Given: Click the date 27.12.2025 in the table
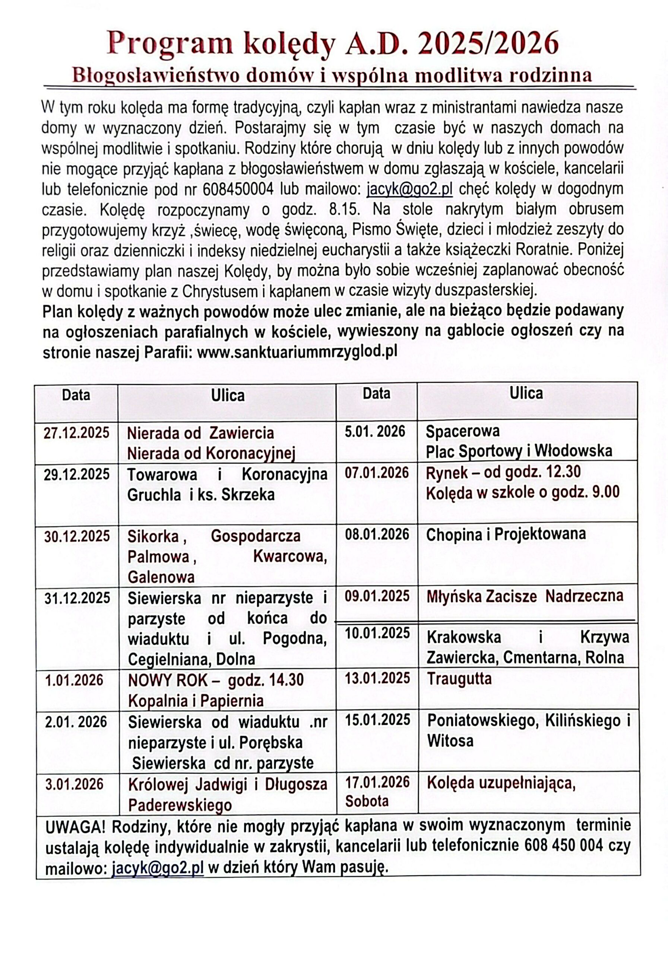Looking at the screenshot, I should [76, 433].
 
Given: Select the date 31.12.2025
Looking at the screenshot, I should [77, 598].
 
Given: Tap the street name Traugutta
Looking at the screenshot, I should [459, 679].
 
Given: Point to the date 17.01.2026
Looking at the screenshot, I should [377, 782].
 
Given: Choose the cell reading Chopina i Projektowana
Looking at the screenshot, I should [506, 534].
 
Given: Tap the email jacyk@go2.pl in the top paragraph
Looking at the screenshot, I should [409, 189].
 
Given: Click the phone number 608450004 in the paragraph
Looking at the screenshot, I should [238, 189].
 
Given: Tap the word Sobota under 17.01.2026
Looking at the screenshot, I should [366, 801].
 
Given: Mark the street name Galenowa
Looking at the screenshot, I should [161, 577].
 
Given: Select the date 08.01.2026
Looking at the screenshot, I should [377, 534].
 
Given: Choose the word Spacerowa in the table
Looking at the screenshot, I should [462, 431].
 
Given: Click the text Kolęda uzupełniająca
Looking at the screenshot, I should [501, 783].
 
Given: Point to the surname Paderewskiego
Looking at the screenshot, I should [180, 805].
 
